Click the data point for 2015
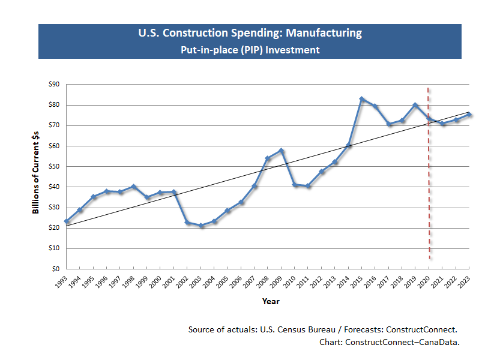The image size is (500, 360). pos(362,99)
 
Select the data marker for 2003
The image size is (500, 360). pos(201,226)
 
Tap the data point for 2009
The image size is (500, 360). pos(282,151)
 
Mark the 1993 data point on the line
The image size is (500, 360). pos(67,221)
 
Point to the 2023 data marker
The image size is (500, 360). pos(469,114)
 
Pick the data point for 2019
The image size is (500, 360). pos(415,105)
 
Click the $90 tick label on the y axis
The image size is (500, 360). pos(53,85)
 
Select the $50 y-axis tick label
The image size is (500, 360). pos(53,166)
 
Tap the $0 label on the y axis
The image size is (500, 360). pos(55,269)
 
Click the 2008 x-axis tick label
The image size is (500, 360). pos(264,282)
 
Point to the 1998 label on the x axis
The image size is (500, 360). pos(129,282)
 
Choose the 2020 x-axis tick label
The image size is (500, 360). pos(424,282)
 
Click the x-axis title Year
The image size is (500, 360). pos(271,301)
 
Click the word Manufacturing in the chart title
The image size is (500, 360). pos(321,33)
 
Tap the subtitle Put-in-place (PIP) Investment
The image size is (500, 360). pos(250,50)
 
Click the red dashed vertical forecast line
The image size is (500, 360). pos(429,180)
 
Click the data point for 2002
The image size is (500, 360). pos(188,223)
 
